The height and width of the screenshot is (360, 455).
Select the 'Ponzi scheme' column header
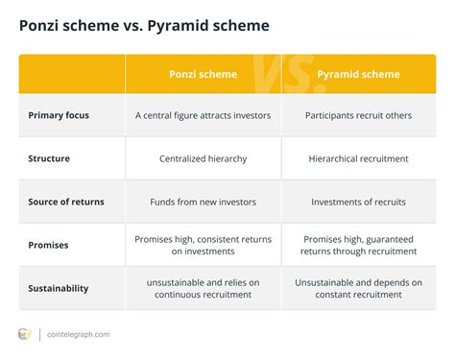coord(203,74)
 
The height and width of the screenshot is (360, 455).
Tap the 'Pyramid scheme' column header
coord(358,74)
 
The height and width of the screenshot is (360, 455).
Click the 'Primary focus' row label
coord(60,116)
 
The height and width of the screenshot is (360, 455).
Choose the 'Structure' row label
coord(50,159)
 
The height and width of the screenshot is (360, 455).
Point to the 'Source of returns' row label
coord(66,203)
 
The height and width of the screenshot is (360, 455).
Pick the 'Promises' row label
coord(49,245)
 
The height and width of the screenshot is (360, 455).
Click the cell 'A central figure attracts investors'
coord(203,116)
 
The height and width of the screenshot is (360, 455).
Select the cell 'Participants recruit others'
coord(358,116)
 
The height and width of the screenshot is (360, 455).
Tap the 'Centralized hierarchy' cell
coord(203,159)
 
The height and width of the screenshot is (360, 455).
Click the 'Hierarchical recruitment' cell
coord(358,159)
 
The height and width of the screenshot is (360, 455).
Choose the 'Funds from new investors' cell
coord(203,203)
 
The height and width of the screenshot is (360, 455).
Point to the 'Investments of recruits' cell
coord(358,203)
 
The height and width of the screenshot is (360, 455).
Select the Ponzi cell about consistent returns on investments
coord(203,245)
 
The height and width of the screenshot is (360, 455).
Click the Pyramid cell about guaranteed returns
coord(358,245)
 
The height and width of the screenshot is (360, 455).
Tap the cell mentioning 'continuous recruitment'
coord(203,288)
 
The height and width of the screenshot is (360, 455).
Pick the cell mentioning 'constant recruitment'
coord(358,288)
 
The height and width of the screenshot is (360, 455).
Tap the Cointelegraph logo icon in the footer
coord(26,334)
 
